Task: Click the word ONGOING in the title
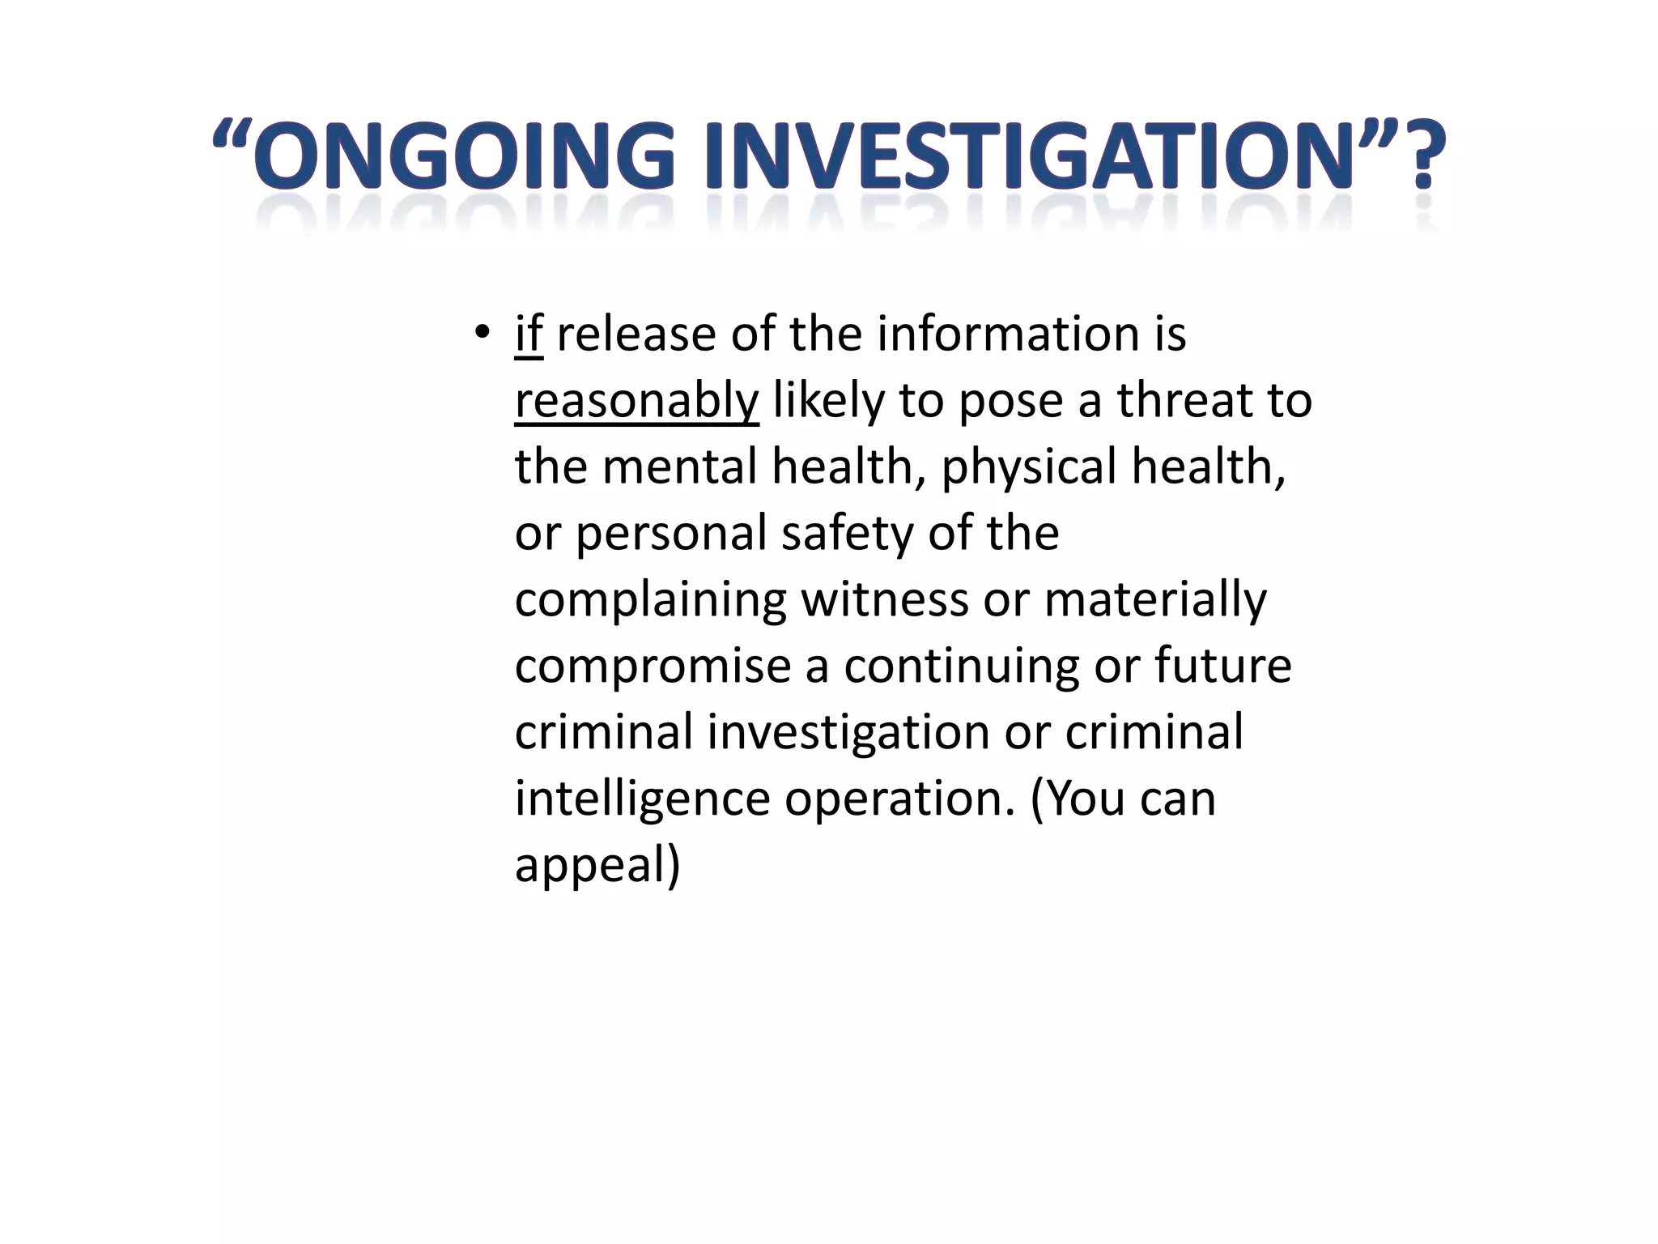469,155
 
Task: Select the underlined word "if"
529,334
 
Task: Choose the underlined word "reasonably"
636,402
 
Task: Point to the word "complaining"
651,601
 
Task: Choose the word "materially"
1155,601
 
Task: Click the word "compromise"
653,667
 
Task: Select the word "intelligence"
642,800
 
